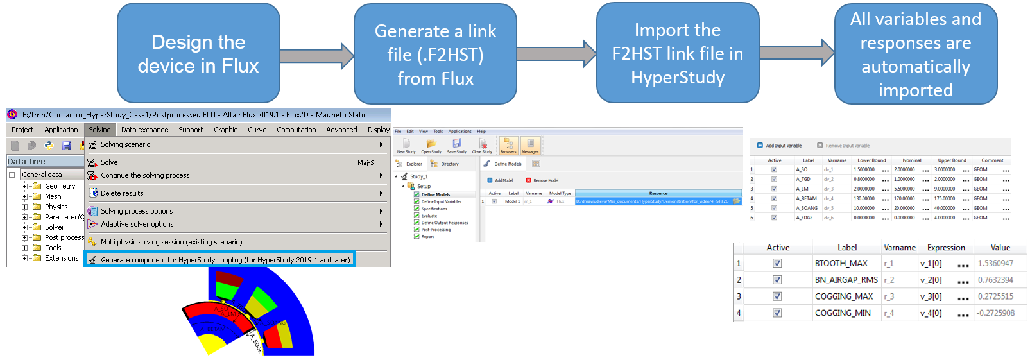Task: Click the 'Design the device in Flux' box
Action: tap(198, 54)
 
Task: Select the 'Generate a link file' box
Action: tap(435, 55)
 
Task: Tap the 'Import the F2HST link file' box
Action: tap(677, 53)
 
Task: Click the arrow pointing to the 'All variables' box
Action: tap(796, 53)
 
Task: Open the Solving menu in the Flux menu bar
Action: tap(99, 130)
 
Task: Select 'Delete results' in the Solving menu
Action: tap(122, 193)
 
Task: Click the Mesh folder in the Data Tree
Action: tap(53, 196)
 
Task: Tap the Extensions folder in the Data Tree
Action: tap(61, 258)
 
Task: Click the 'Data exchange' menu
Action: tap(144, 130)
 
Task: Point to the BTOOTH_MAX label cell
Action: tap(841, 264)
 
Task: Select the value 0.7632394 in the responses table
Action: tap(995, 280)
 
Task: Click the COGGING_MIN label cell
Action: tap(843, 313)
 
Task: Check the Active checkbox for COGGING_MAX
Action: tap(777, 296)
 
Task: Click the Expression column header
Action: tap(945, 248)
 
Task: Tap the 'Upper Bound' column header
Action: tap(952, 160)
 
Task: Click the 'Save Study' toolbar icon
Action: tap(456, 146)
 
